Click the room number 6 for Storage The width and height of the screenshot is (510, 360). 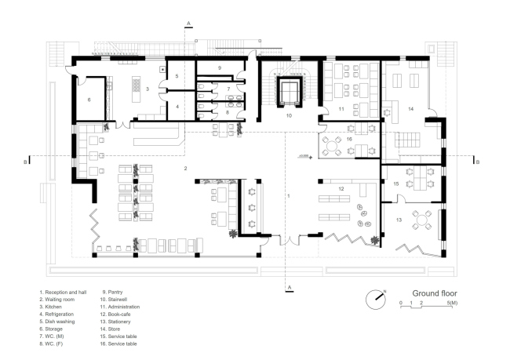89,100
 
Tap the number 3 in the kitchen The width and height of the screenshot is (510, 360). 148,89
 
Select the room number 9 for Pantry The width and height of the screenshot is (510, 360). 220,68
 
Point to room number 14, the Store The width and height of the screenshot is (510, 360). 411,109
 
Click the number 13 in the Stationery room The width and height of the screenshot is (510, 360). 399,220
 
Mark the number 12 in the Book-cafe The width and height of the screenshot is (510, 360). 341,188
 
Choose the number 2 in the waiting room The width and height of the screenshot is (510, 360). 185,168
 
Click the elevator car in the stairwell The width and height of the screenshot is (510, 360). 290,92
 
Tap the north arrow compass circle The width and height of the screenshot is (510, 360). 375,300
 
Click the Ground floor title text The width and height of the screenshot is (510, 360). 435,293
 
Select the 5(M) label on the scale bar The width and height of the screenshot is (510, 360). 452,303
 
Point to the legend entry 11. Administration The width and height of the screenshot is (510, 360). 120,307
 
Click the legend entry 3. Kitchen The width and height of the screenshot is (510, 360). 50,307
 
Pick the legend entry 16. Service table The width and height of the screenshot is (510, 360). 118,344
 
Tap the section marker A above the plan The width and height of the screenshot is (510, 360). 188,24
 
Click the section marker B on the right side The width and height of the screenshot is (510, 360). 478,162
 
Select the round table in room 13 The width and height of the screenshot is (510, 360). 421,220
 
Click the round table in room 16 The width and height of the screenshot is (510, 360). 331,146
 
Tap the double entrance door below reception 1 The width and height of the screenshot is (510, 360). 290,240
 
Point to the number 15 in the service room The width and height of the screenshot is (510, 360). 395,184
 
